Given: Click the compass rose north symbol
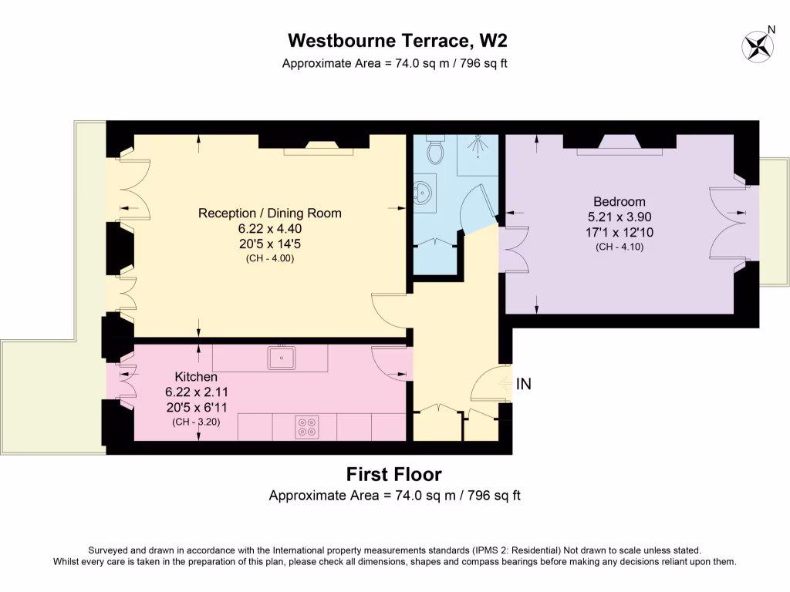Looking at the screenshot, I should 758,45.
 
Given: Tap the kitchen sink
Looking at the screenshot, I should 282,357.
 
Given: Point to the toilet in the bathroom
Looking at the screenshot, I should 437,150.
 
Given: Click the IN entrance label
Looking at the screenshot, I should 523,383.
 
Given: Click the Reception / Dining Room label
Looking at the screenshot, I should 269,214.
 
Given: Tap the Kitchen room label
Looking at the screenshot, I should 196,377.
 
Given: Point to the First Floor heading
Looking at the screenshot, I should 394,474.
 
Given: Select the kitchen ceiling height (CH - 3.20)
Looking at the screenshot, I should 196,422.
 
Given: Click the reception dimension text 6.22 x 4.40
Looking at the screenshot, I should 269,229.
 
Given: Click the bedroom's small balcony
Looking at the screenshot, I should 774,222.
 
